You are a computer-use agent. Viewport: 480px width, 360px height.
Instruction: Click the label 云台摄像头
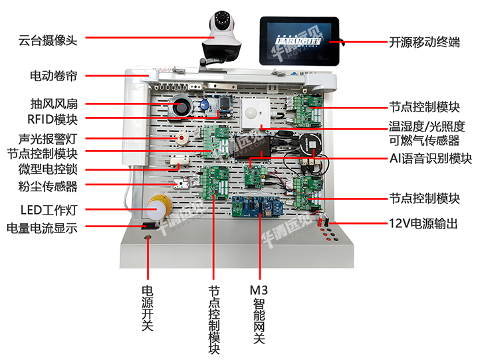point(48,40)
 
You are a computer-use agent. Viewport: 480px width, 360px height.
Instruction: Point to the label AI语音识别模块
point(431,159)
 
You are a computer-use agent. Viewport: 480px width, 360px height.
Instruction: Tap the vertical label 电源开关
point(148,309)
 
